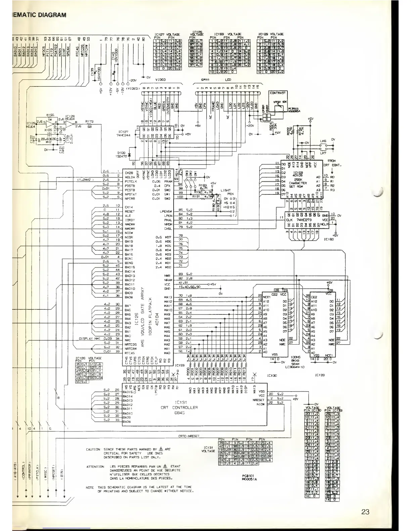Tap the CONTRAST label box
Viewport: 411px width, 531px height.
(x=277, y=93)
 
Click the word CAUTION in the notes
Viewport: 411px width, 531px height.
(x=93, y=449)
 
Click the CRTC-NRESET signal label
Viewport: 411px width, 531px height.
(x=189, y=436)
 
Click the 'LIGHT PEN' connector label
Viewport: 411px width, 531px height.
(x=226, y=192)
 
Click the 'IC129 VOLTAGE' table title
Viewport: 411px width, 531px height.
(x=271, y=34)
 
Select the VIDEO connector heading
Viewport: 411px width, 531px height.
(x=161, y=79)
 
